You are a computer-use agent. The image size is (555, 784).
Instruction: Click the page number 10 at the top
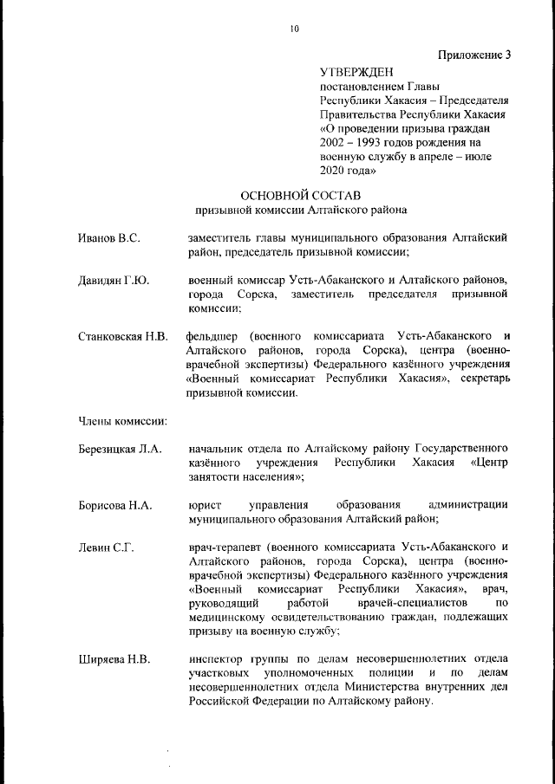[x=295, y=29]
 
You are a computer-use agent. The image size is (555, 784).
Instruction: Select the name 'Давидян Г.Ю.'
[x=114, y=281]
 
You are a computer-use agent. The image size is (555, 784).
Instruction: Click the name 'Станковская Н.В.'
[x=122, y=336]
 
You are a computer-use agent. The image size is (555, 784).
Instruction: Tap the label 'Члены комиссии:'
[x=122, y=421]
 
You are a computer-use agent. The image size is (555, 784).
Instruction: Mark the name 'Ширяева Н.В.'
[x=114, y=659]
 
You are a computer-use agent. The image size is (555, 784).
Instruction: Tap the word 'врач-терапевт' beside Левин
[x=225, y=548]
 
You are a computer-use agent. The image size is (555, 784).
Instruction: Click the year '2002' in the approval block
[x=335, y=142]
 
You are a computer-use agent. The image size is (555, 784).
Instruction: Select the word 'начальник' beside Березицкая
[x=217, y=449]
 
